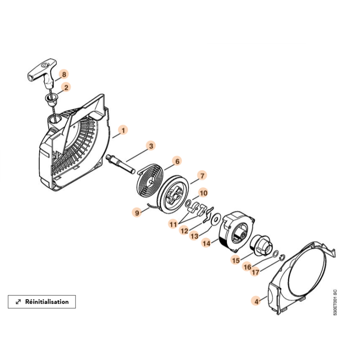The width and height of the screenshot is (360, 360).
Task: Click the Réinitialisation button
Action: click(x=42, y=301)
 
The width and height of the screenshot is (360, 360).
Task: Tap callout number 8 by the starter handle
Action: click(x=64, y=74)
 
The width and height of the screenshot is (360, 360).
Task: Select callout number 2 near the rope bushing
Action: click(x=66, y=87)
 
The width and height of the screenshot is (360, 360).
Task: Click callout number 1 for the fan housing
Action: click(x=123, y=130)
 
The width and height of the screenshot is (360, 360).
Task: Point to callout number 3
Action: click(x=151, y=146)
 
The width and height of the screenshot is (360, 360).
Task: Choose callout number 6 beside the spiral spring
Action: click(x=177, y=161)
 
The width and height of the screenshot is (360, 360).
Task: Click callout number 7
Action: click(x=202, y=176)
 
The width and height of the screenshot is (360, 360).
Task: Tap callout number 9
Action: click(x=137, y=212)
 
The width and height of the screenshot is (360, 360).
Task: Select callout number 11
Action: click(x=173, y=224)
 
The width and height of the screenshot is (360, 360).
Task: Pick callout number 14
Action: click(x=207, y=243)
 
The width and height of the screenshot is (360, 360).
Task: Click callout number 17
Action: click(x=256, y=272)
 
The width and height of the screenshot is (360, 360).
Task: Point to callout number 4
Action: click(x=256, y=301)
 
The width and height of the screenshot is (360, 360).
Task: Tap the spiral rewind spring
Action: click(x=150, y=183)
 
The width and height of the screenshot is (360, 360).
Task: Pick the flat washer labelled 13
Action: click(x=216, y=219)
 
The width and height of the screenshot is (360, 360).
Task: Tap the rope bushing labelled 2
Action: click(x=51, y=99)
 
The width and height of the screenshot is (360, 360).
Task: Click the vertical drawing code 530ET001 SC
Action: click(x=335, y=302)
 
